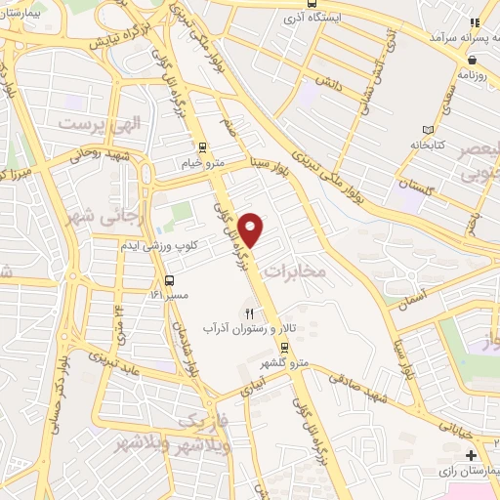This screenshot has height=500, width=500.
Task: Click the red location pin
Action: click(x=252, y=229)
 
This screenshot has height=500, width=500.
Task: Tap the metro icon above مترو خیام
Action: click(x=202, y=148)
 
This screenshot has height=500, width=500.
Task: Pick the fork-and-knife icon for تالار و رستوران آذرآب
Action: click(x=249, y=313)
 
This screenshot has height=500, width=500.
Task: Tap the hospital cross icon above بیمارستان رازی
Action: click(x=472, y=456)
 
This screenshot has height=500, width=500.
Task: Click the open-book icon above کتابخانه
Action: click(x=427, y=130)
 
